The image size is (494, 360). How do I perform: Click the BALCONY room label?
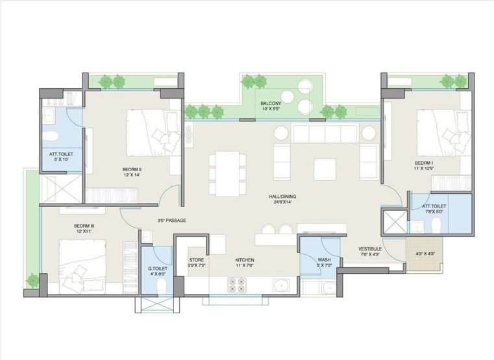[x=271, y=104]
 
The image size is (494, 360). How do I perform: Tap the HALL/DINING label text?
[x=282, y=197]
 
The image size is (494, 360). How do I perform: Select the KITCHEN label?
[x=245, y=260]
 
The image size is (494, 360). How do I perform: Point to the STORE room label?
[x=196, y=260]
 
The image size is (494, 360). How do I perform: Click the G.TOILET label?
[x=158, y=269]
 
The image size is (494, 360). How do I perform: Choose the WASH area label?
[x=324, y=260]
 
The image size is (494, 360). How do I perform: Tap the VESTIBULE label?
[x=370, y=249]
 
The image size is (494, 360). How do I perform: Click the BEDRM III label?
[x=84, y=226]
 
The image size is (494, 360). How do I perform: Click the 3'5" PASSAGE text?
[x=172, y=221]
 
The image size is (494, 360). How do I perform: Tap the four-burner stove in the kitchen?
[x=237, y=285]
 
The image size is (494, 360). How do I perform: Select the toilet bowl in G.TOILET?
[x=161, y=286]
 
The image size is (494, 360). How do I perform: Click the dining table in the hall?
[x=227, y=174]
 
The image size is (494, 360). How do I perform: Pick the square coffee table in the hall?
[x=325, y=169]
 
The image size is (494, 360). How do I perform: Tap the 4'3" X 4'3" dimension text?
[x=425, y=254]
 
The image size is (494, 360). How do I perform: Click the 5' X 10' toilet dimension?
[x=61, y=160]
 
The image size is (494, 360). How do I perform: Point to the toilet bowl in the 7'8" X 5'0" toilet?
[x=436, y=224]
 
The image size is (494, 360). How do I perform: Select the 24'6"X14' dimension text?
[x=282, y=202]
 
